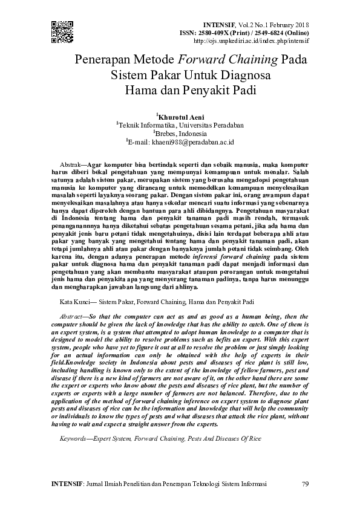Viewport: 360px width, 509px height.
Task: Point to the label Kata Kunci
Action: pos(77,300)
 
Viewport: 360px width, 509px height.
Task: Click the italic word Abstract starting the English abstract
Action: pos(73,316)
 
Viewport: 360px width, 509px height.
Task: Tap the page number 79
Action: pos(305,484)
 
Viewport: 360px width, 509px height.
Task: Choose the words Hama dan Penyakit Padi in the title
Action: pos(182,92)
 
